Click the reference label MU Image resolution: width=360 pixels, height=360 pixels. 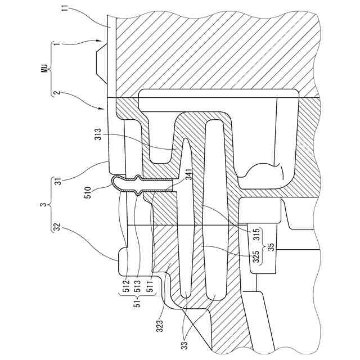(43, 69)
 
